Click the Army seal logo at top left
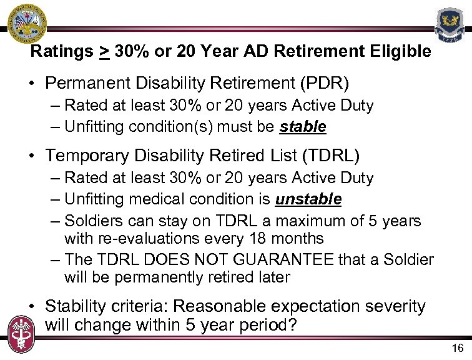[23, 22]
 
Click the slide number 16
[457, 348]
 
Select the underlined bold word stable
[303, 127]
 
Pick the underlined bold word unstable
[308, 199]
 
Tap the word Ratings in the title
[61, 51]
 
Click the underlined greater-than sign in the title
[104, 52]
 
